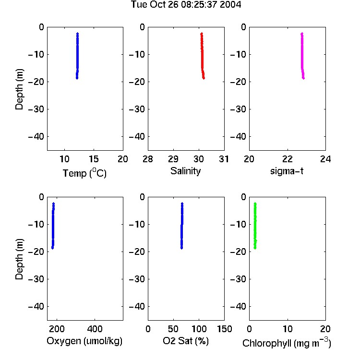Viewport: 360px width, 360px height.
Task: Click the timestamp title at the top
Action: [x=186, y=5]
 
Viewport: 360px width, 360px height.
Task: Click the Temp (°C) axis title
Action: [x=84, y=173]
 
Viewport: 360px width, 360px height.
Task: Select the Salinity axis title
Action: [x=185, y=171]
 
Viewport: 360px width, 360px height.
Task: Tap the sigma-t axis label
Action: [x=287, y=171]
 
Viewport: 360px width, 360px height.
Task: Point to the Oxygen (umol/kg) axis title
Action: [x=84, y=341]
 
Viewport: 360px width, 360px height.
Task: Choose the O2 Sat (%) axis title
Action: [x=186, y=341]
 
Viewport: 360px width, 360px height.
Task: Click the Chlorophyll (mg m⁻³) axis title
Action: [x=287, y=343]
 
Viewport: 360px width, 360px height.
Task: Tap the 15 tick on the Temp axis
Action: [x=94, y=159]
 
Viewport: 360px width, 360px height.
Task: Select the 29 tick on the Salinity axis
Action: [x=173, y=159]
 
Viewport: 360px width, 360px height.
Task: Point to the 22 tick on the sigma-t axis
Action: [x=288, y=159]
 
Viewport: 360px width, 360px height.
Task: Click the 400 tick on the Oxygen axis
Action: [x=95, y=329]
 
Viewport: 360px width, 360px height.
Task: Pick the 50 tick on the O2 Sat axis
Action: [x=173, y=329]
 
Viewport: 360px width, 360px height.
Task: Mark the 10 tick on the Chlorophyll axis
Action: [x=288, y=329]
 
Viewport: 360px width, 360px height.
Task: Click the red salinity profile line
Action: [x=202, y=56]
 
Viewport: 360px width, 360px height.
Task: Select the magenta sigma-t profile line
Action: [x=302, y=56]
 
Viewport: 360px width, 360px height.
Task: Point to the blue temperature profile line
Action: [x=77, y=56]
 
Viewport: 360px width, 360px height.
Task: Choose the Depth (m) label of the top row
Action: [x=19, y=89]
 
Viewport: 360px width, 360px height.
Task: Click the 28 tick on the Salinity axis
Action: [x=148, y=159]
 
